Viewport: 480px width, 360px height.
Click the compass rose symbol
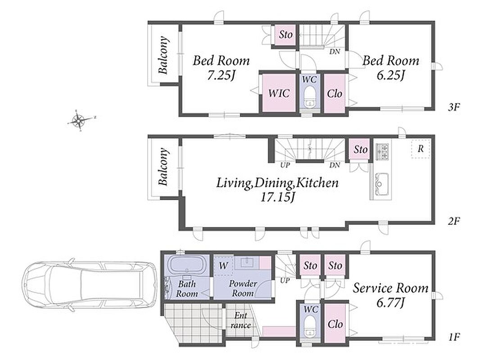coord(79,120)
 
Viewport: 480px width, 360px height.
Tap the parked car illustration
coord(89,287)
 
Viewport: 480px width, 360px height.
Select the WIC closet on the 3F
coord(279,93)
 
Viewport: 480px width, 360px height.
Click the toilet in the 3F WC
coord(309,97)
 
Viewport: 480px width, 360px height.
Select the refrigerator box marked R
coord(421,149)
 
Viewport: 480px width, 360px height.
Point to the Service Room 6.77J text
coord(390,295)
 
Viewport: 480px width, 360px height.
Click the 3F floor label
coord(454,107)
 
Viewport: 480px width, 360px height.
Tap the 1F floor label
coord(454,337)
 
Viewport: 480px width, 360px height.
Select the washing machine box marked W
coord(223,265)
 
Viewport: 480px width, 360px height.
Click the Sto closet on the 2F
coord(360,149)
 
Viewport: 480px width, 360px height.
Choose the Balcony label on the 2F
coord(164,166)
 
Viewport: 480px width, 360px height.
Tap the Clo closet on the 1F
coord(335,324)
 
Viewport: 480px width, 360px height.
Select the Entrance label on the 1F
coord(241,320)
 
